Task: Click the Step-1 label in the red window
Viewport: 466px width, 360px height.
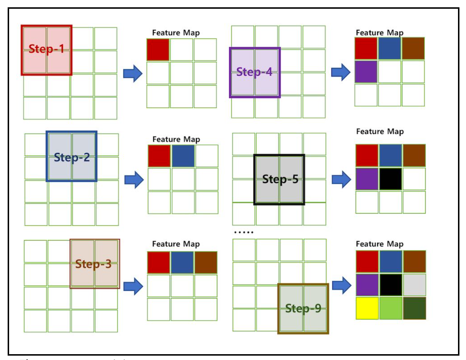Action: point(46,48)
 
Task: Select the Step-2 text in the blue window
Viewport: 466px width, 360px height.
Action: point(72,157)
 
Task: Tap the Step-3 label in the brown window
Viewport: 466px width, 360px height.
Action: point(93,264)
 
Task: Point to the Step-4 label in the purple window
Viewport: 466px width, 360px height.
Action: point(254,72)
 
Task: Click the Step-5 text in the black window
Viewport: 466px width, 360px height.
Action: point(280,179)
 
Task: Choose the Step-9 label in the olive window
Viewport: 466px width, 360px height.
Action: point(303,308)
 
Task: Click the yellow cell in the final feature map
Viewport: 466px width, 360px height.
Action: point(367,308)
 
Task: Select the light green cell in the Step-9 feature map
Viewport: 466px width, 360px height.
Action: point(391,308)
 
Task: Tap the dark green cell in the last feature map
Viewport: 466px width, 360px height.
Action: point(414,308)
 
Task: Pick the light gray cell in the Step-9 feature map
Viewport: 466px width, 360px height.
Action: point(414,285)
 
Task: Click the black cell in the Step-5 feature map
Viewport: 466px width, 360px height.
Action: point(391,179)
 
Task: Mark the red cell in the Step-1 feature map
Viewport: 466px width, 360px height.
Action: point(158,50)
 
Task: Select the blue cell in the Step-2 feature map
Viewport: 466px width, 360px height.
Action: point(183,156)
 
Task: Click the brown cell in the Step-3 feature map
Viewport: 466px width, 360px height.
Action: point(206,262)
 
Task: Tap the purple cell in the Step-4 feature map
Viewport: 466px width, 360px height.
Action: point(366,72)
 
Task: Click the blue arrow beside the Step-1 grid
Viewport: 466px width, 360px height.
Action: point(133,73)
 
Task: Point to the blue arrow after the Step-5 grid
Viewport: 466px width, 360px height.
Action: point(341,179)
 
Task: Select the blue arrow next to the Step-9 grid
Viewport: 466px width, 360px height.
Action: point(341,285)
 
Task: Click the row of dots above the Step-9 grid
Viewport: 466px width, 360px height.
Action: point(244,232)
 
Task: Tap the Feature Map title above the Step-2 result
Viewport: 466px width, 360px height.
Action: point(176,139)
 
